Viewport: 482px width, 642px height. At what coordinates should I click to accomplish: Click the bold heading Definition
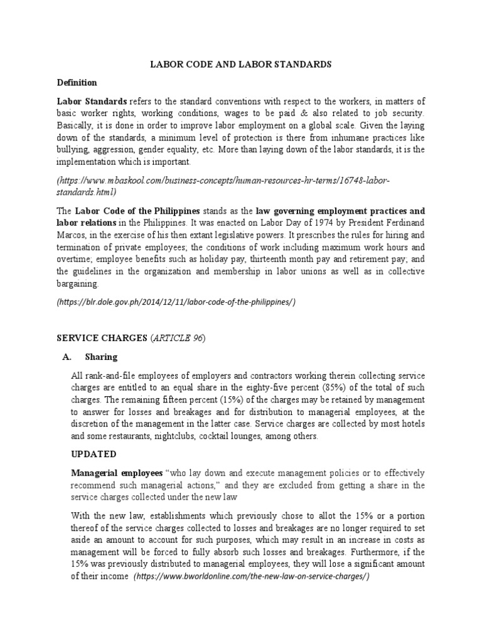click(x=77, y=82)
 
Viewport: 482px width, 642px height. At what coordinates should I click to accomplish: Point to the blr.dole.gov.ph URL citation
click(x=176, y=302)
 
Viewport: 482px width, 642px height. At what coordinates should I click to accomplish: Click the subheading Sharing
click(x=102, y=357)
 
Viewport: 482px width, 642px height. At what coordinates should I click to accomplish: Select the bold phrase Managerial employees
click(x=108, y=472)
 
